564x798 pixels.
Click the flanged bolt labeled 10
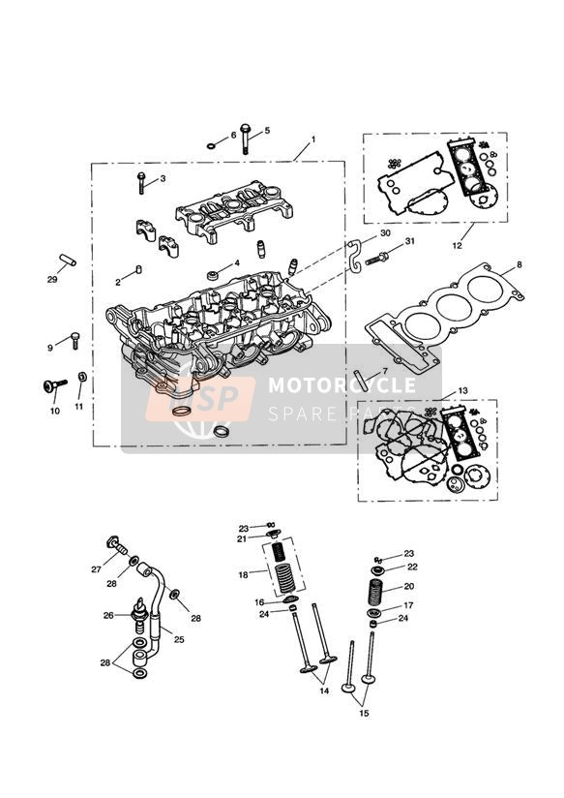(x=49, y=387)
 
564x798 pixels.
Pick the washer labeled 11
(x=81, y=376)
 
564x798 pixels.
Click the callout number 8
(x=519, y=264)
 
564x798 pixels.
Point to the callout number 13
(x=462, y=390)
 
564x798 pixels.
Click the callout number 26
(x=109, y=615)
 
